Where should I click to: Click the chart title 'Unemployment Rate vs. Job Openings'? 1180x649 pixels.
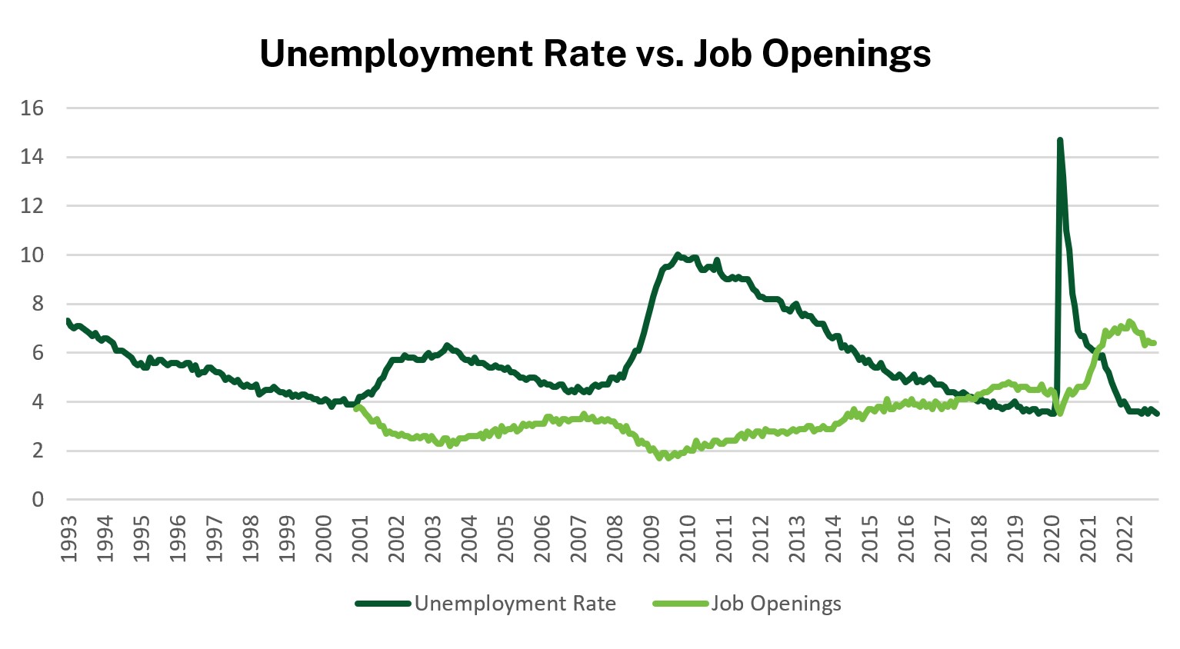click(595, 54)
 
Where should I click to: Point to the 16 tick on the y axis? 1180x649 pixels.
click(32, 108)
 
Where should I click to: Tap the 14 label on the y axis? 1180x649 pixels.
click(32, 157)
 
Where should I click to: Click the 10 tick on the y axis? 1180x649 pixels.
click(32, 255)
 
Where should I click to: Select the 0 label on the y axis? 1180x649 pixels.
click(38, 500)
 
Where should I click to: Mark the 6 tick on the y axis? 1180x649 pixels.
click(38, 353)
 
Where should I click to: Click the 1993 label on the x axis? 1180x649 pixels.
click(69, 539)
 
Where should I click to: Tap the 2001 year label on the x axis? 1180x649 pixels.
click(360, 539)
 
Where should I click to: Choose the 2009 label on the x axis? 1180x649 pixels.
click(652, 539)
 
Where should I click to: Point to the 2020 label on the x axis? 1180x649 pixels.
click(1052, 539)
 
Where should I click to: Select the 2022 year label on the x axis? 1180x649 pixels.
click(1125, 539)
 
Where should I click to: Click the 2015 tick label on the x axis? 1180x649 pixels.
click(870, 539)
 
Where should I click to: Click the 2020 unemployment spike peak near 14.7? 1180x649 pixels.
click(1060, 141)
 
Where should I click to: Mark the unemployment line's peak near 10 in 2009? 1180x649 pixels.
click(677, 255)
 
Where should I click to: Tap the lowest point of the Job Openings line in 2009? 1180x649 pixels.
click(660, 458)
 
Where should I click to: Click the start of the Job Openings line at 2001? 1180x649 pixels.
click(357, 408)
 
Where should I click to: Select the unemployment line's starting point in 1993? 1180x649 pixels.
click(68, 320)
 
